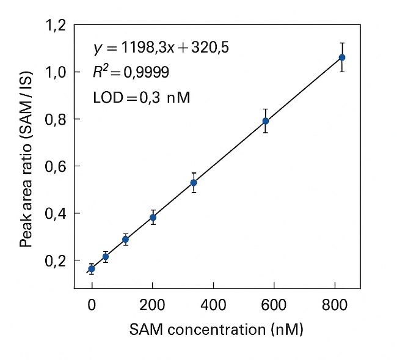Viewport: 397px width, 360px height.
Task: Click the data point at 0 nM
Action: coord(92,268)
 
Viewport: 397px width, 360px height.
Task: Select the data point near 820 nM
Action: coord(342,57)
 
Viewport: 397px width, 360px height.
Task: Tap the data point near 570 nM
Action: coord(266,121)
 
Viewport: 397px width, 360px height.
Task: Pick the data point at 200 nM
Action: coord(153,217)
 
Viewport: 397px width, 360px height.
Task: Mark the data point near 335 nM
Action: coord(194,183)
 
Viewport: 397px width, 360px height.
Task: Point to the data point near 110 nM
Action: coord(126,240)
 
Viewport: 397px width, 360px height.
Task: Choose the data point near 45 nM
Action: coord(106,257)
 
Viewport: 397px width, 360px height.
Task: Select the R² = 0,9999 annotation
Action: coord(131,73)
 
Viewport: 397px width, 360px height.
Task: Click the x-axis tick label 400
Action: coord(213,303)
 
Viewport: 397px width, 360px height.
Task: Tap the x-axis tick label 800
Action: coord(335,303)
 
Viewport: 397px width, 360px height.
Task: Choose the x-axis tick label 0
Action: coord(92,303)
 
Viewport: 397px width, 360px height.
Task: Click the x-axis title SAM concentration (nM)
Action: coord(216,330)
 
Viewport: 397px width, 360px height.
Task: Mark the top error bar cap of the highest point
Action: coord(342,43)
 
